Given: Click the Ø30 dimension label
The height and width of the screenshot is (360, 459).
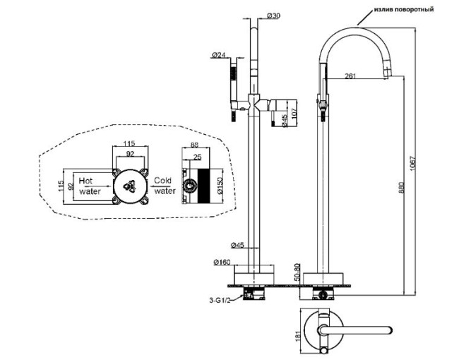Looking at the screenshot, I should point(275,16).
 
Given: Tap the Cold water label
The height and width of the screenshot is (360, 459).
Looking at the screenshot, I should point(164,186).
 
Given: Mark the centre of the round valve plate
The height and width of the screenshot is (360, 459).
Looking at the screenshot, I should point(130,186).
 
